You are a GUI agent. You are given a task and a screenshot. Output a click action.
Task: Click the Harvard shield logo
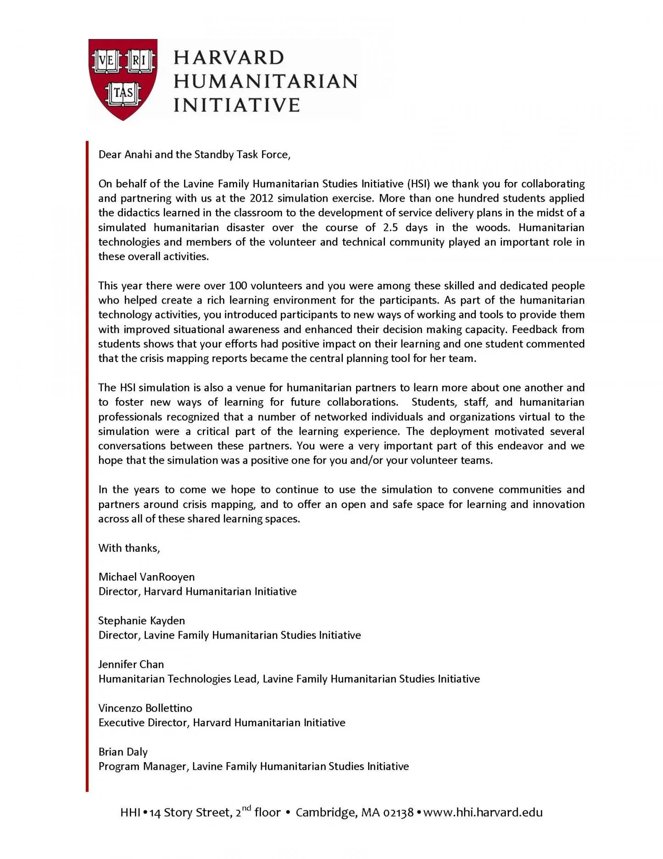(x=123, y=79)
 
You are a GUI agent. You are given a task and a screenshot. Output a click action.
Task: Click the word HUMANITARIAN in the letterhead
(x=265, y=81)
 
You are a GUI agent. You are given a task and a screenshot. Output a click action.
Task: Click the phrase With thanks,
(x=129, y=548)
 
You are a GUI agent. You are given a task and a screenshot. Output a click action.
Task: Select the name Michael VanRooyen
(x=146, y=577)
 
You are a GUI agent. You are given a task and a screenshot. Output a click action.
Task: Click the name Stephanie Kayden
(x=141, y=621)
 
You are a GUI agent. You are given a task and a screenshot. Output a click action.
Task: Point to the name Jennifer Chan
(x=131, y=664)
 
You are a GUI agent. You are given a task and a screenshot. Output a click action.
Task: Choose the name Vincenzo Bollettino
(x=145, y=708)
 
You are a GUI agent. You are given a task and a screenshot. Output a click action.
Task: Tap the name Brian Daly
(x=123, y=752)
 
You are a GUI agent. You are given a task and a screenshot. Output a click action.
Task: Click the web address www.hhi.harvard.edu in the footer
(x=483, y=813)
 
